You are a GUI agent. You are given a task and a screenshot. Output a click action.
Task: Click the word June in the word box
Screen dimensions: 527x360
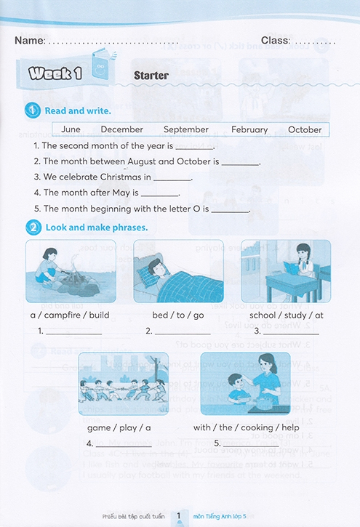(71, 129)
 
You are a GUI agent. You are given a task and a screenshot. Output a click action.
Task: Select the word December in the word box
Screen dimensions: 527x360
(121, 129)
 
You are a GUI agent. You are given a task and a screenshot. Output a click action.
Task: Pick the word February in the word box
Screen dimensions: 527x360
(249, 129)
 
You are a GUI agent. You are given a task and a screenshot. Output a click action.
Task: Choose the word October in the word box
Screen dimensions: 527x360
(305, 129)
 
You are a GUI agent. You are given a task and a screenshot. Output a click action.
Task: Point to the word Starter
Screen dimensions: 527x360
(151, 76)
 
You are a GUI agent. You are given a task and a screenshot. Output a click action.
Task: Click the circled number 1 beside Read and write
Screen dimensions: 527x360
(33, 110)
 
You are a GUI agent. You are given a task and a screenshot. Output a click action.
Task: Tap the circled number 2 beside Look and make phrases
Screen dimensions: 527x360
(33, 228)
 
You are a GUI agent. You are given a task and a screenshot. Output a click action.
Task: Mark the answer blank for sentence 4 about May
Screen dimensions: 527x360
(159, 193)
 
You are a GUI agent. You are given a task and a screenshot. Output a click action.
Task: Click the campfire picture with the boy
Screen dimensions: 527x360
(65, 271)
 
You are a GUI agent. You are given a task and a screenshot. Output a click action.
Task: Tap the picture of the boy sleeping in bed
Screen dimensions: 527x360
(177, 271)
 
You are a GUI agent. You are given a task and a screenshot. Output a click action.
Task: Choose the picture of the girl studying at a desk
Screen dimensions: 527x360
(285, 271)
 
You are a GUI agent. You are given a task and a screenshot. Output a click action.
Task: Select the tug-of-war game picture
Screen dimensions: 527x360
(119, 390)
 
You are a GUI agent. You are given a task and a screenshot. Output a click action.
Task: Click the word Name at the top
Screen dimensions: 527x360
(29, 40)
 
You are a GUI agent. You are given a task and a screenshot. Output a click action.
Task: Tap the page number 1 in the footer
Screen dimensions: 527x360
(178, 517)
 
